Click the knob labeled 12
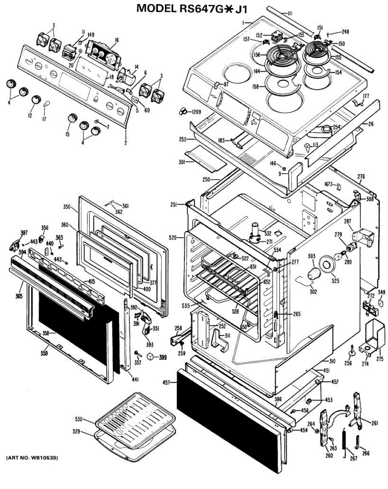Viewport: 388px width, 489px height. click(37, 99)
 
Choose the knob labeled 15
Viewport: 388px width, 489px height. click(72, 118)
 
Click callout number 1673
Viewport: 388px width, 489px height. click(329, 184)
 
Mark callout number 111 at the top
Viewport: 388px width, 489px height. click(289, 13)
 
